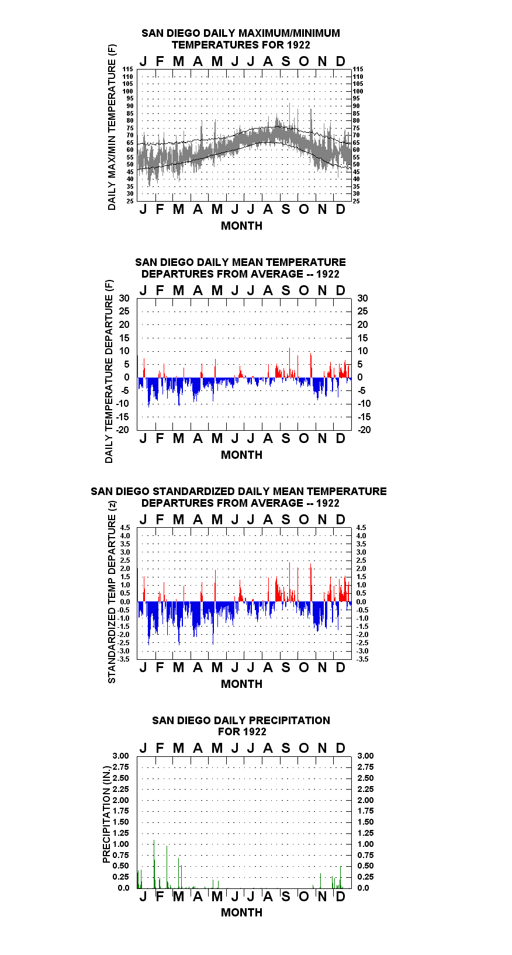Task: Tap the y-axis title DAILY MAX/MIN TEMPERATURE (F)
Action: click(x=112, y=127)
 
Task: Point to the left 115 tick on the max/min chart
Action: click(x=128, y=69)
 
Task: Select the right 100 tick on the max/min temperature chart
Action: click(x=358, y=91)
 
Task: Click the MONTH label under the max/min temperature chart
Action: click(x=241, y=226)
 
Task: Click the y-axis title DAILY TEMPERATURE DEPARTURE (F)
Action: click(x=109, y=371)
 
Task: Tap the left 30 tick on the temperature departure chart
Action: click(x=124, y=299)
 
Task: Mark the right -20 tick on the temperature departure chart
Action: click(x=365, y=430)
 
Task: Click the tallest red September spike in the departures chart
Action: click(x=289, y=362)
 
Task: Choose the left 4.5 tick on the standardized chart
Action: click(x=125, y=528)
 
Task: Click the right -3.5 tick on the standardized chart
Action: click(x=362, y=659)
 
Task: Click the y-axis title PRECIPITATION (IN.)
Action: click(x=106, y=814)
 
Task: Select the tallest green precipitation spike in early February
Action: click(x=154, y=864)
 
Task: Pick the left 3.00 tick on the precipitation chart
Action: click(x=120, y=756)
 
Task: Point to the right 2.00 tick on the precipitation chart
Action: click(x=365, y=800)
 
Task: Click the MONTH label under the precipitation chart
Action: click(x=241, y=913)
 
